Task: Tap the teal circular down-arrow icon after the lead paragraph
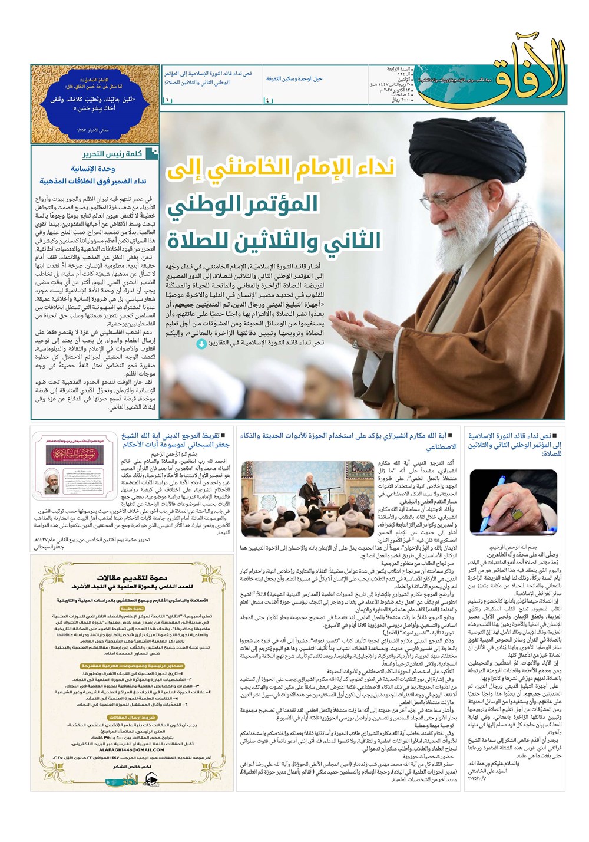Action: click(201, 343)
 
